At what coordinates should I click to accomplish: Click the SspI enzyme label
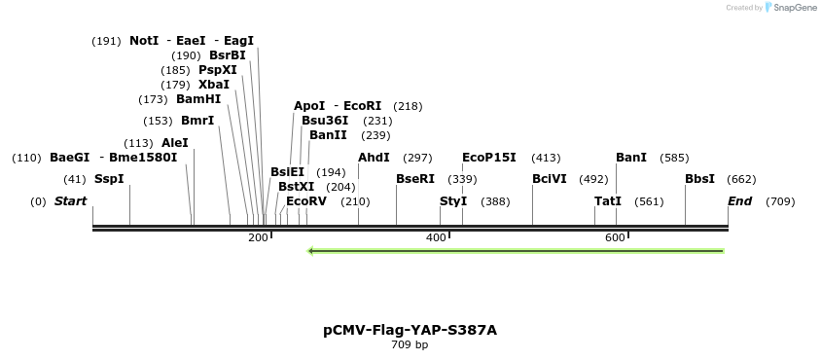tap(109, 179)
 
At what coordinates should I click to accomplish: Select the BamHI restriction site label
tap(198, 99)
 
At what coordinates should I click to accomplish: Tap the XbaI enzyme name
tap(214, 85)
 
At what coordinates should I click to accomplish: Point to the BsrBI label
tap(228, 55)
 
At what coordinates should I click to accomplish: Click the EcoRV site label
tap(306, 201)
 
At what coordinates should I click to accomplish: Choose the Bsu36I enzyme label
tap(325, 121)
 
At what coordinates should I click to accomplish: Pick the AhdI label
tap(374, 158)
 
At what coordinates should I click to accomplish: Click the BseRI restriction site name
tap(415, 179)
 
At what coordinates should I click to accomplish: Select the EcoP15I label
tap(489, 158)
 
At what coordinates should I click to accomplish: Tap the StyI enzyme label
tap(453, 201)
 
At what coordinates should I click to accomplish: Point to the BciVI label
tap(550, 179)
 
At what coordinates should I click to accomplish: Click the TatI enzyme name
tap(608, 201)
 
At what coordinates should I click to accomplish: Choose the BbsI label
tap(699, 179)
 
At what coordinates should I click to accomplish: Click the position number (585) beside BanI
tap(674, 158)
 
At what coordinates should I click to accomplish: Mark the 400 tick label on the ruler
tap(436, 238)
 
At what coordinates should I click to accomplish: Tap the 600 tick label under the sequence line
tap(615, 238)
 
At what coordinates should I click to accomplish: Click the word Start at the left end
tap(70, 201)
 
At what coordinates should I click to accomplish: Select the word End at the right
tap(740, 201)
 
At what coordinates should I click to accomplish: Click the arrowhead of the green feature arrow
tap(311, 251)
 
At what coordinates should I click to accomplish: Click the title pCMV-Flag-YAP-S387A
tap(410, 330)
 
